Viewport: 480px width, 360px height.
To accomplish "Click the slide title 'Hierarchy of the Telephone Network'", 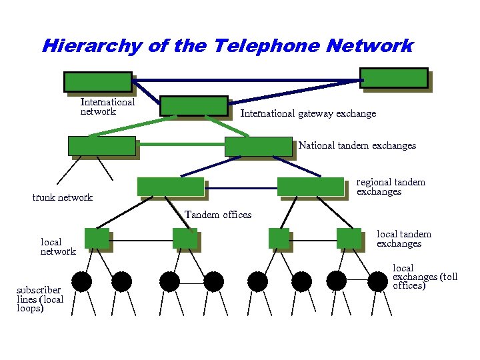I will [227, 46].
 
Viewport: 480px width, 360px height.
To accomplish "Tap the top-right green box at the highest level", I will [393, 77].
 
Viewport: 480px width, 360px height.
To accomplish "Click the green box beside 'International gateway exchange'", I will [194, 105].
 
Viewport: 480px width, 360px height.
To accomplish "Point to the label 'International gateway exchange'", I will [308, 114].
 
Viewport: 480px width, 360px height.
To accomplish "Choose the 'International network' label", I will [107, 107].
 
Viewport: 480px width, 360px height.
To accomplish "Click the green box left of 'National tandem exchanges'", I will [258, 147].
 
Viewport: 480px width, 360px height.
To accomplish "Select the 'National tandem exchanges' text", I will [357, 145].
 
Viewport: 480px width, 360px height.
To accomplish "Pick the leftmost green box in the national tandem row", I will [102, 146].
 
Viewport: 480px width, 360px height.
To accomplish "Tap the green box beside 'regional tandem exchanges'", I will [310, 186].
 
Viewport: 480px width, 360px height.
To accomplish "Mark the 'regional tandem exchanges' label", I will [391, 187].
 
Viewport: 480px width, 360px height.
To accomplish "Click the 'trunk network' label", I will [63, 197].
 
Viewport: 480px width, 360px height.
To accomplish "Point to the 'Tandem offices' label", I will [218, 215].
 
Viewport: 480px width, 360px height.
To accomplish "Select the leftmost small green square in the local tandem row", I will [97, 238].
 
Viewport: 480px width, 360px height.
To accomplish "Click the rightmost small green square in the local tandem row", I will [349, 238].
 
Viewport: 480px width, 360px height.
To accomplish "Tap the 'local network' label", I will [58, 247].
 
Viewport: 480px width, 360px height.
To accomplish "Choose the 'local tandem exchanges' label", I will [404, 239].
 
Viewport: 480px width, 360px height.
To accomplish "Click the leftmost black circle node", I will [81, 282].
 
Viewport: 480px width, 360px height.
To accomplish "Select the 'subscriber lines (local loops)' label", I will [40, 299].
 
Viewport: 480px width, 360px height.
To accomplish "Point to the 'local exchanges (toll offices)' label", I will [425, 277].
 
